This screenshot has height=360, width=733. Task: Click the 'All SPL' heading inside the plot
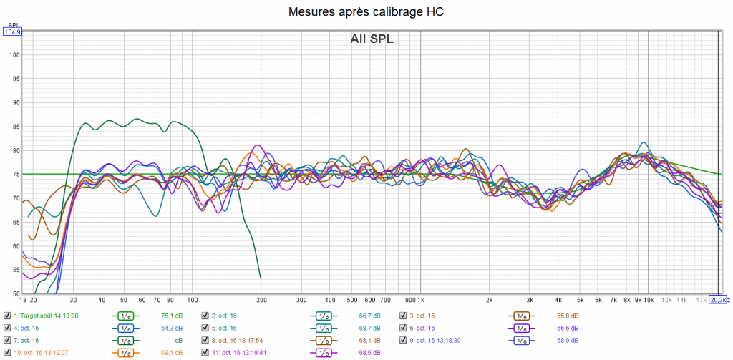[372, 39]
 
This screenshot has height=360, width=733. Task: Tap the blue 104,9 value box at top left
[12, 31]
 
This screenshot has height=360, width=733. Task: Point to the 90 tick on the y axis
[15, 103]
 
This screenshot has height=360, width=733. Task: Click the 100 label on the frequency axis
[193, 300]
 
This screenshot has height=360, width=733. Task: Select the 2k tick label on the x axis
[490, 300]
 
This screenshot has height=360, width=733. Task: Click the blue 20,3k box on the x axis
[718, 300]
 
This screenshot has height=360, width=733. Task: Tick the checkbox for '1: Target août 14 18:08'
[7, 315]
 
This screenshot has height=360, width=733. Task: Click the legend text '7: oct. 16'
[26, 340]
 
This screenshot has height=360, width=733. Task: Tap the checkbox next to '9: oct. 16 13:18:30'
[403, 340]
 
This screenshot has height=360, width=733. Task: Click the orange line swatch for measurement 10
[125, 352]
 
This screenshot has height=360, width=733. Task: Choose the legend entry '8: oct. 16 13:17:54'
[243, 340]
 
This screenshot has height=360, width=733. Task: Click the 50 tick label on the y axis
[15, 293]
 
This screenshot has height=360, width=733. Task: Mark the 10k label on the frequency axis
[650, 300]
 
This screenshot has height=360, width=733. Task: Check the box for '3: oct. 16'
[403, 315]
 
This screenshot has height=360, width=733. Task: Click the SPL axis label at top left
[11, 25]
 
